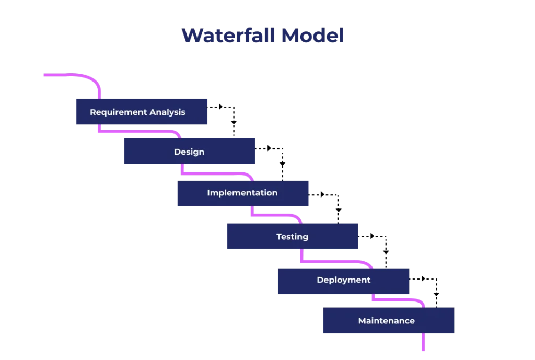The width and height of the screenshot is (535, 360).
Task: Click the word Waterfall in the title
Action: (x=228, y=36)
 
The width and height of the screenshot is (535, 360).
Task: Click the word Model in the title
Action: (x=312, y=36)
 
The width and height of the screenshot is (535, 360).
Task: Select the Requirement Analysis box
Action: (x=142, y=111)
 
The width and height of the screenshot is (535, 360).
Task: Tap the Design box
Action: (x=190, y=152)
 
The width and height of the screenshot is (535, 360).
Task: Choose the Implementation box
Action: (x=242, y=194)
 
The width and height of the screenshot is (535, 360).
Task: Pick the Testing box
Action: (x=292, y=236)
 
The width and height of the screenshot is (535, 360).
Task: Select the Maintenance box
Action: (x=388, y=320)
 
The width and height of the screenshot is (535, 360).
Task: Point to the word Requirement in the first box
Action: (x=118, y=112)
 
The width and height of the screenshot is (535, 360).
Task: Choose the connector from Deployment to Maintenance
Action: (x=397, y=300)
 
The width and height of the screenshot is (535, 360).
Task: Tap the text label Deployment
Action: (x=343, y=280)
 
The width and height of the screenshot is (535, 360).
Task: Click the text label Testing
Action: (x=292, y=237)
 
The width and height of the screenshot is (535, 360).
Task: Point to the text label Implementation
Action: (x=242, y=193)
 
